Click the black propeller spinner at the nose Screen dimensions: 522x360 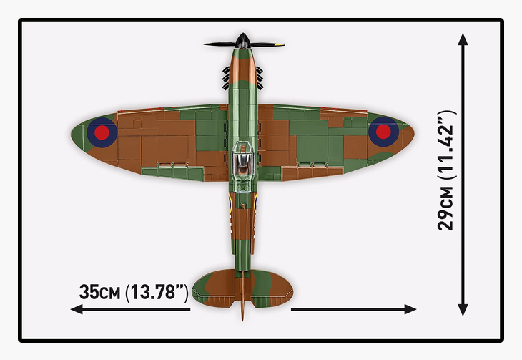coord(243,40)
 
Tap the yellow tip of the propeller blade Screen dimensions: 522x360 coord(280,44)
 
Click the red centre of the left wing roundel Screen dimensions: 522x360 coord(102,132)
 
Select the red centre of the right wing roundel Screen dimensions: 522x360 coord(383,132)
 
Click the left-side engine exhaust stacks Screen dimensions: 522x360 coord(226,79)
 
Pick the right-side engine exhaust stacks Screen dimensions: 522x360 coord(260,79)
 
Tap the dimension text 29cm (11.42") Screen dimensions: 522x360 coord(445,170)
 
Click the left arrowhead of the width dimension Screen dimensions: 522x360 coord(77,309)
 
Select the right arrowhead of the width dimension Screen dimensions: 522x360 coord(410,309)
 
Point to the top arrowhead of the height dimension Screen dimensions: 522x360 coord(463,39)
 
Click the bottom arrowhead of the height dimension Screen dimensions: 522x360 coord(463,310)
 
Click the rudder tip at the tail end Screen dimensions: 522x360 coord(242,318)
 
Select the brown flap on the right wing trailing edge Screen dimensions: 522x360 coord(312,172)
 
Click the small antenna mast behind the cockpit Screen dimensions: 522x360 coord(243,205)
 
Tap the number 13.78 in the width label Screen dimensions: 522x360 coord(152,292)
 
